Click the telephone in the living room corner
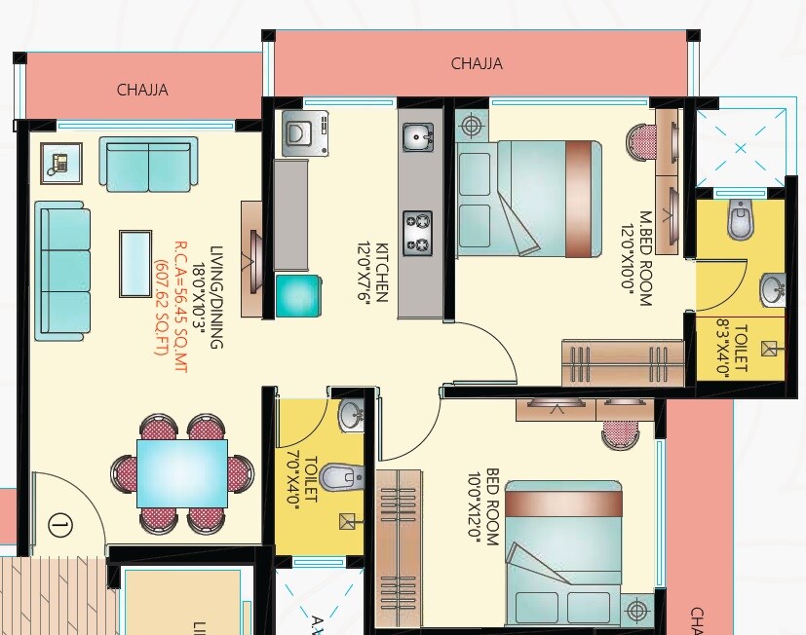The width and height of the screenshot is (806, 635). (x=60, y=163)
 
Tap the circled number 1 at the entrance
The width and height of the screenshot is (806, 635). (x=59, y=527)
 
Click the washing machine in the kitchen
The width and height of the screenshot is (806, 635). (x=306, y=132)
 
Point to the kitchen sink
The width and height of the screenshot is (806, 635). (x=418, y=137)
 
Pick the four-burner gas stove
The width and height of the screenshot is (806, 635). (x=418, y=233)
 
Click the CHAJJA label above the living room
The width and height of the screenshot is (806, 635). (x=142, y=91)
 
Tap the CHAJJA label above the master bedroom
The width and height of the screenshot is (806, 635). (x=477, y=64)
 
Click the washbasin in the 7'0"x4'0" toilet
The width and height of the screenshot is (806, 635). (x=351, y=417)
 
